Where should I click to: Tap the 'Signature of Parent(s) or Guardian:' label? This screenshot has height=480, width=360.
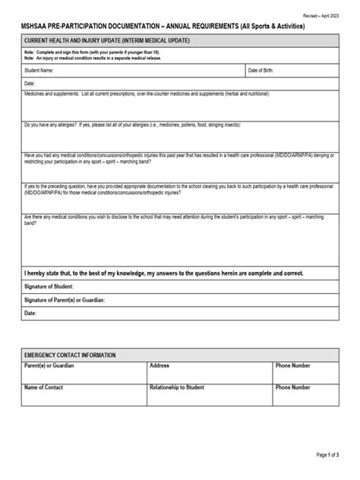(x=65, y=300)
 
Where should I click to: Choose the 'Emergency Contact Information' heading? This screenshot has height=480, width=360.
(x=70, y=355)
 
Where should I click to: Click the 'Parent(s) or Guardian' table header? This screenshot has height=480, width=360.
(x=52, y=365)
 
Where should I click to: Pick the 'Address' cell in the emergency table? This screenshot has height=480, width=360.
(x=159, y=365)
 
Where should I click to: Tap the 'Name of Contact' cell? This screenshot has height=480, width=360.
(x=44, y=387)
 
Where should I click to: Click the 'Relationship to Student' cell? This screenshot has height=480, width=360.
(x=177, y=387)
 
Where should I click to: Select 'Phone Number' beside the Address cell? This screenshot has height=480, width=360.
(x=293, y=365)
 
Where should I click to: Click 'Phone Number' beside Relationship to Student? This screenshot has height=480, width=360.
(x=293, y=387)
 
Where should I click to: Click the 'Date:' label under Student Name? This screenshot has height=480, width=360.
(x=30, y=83)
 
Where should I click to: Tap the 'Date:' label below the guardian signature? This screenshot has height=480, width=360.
(x=31, y=313)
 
